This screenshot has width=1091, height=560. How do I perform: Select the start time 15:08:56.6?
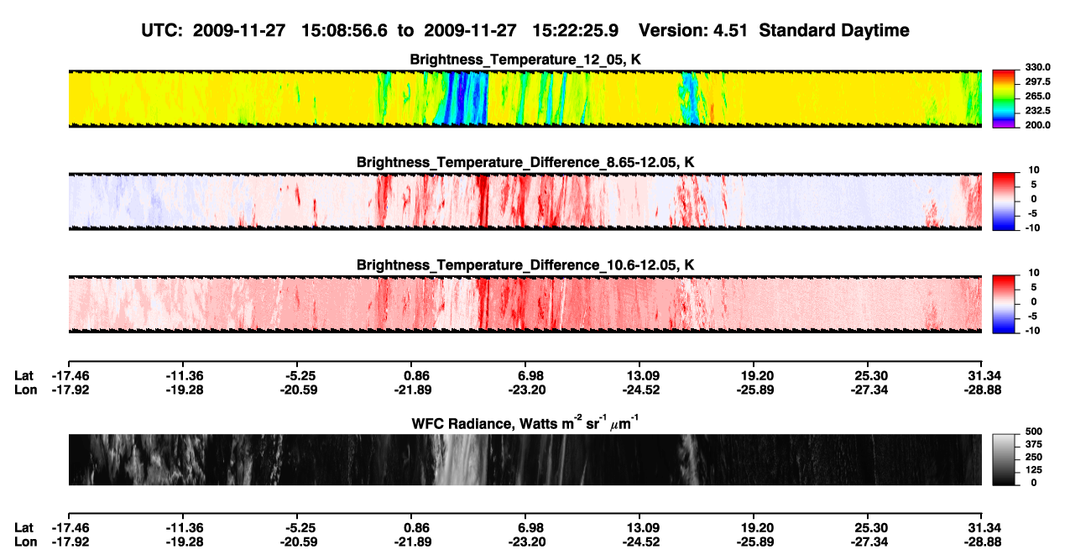(x=344, y=30)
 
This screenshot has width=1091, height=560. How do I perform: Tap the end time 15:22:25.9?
(x=575, y=30)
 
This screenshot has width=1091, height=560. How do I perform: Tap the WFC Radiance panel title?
(x=525, y=422)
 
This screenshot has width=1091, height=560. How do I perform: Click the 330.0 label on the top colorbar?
(x=1037, y=67)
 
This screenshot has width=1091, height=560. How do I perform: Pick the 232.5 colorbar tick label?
(x=1037, y=111)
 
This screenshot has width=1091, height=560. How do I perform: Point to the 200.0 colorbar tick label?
(x=1037, y=125)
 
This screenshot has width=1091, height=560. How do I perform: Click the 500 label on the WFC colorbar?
(x=1034, y=432)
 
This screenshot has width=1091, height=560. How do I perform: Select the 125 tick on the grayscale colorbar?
(x=1034, y=470)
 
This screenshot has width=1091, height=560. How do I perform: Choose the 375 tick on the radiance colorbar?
(x=1034, y=444)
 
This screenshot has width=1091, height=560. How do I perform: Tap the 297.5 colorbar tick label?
(x=1037, y=82)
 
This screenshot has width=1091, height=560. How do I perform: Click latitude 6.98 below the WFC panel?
(x=530, y=528)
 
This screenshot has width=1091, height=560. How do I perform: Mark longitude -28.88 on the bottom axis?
(x=983, y=542)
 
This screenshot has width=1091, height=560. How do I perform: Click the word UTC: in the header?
(x=162, y=30)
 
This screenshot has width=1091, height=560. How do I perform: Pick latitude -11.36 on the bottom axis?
(x=185, y=528)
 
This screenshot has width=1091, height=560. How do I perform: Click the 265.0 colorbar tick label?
(x=1037, y=96)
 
